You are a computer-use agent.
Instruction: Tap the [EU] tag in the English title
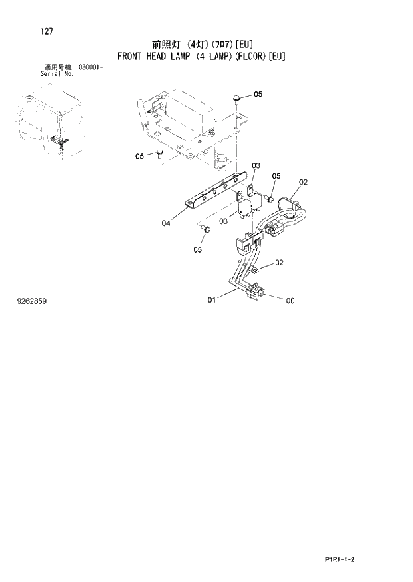point(276,56)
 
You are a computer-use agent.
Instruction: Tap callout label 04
point(166,223)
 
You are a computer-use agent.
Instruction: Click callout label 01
point(211,300)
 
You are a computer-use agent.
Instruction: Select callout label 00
point(290,301)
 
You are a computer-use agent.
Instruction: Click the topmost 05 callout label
point(258,94)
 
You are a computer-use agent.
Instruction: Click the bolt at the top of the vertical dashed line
point(236,99)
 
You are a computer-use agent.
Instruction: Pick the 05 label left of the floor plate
point(140,157)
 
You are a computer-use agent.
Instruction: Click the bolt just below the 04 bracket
point(206,229)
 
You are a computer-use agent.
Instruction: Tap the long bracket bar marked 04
point(213,191)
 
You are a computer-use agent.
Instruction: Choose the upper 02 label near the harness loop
point(303,182)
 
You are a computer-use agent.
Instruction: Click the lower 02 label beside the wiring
point(279,263)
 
